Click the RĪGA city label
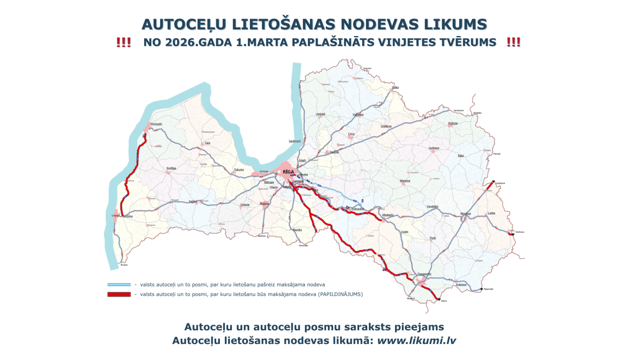(288, 172)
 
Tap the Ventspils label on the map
(156, 124)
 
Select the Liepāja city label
(116, 216)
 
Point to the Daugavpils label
(424, 274)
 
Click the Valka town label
(395, 87)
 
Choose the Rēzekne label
(466, 213)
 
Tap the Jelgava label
(264, 203)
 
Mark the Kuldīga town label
(171, 168)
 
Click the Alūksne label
(453, 123)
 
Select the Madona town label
(405, 181)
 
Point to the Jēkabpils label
(388, 215)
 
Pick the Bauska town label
(297, 230)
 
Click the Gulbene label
(434, 148)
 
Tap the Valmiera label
(358, 114)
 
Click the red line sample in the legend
(119, 294)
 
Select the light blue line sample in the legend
(119, 285)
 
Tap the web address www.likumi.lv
(416, 340)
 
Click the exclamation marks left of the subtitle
(124, 42)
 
